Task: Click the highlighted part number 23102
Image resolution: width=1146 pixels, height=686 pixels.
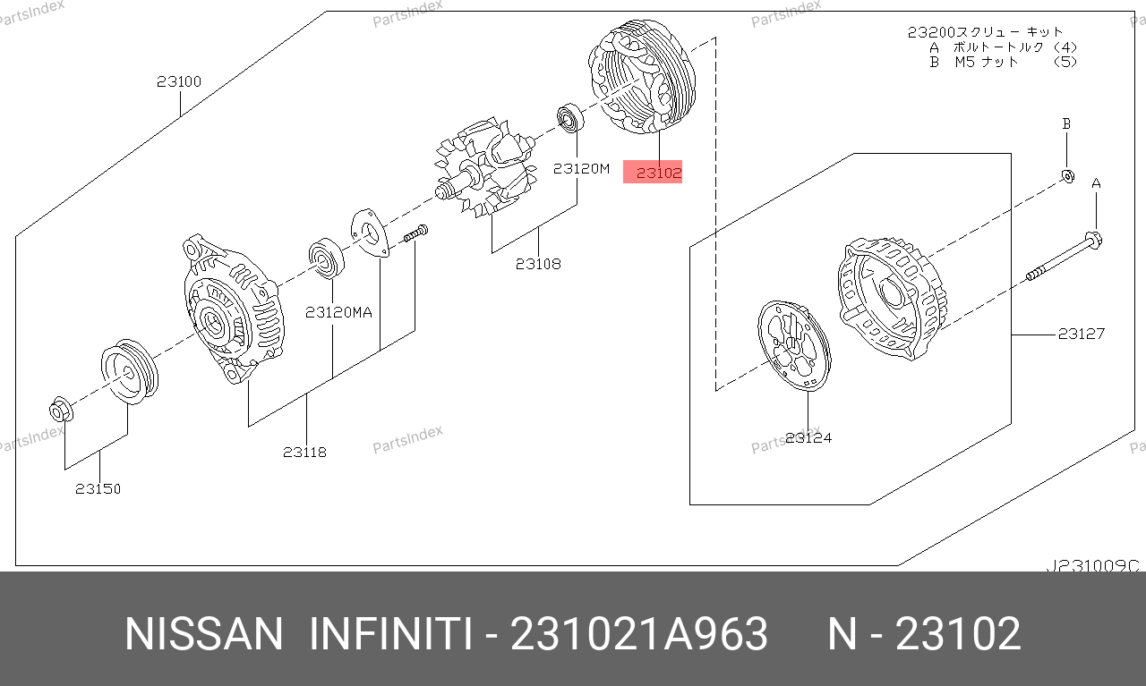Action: point(659,173)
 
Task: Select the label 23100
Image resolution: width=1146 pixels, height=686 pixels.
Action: point(179,81)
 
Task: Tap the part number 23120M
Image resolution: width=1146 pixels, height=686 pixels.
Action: point(582,168)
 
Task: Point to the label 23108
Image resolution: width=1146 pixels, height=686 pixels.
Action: point(538,264)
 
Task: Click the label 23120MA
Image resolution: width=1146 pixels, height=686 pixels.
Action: point(338,312)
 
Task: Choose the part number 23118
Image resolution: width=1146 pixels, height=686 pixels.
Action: point(305,452)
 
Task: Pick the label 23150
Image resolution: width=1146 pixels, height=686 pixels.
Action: point(98,488)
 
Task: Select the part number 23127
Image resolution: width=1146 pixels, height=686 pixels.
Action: point(1082,334)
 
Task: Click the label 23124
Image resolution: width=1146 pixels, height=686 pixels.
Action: point(808,437)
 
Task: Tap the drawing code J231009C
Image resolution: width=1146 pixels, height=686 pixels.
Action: point(1093,566)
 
